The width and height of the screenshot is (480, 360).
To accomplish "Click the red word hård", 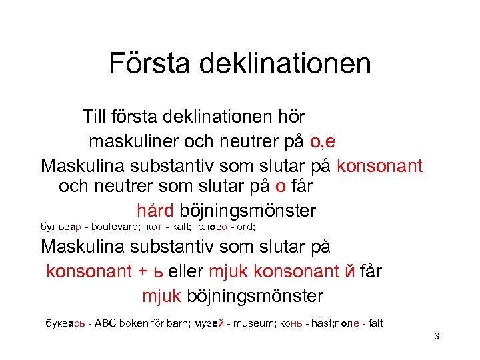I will (x=155, y=211).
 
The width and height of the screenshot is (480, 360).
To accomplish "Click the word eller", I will (x=185, y=271).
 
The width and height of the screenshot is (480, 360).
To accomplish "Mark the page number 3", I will (x=436, y=336).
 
